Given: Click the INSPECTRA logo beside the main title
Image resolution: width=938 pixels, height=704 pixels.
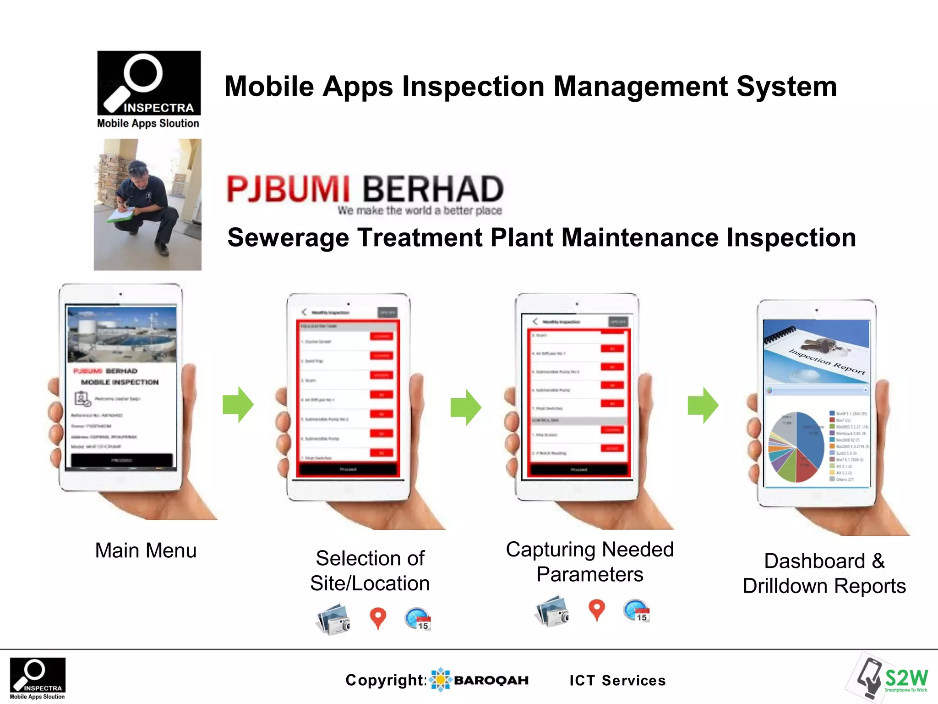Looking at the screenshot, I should tap(149, 83).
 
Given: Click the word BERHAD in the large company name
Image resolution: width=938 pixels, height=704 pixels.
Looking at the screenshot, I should tap(433, 189).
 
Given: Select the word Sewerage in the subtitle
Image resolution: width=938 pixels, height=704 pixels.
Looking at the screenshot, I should tap(288, 238).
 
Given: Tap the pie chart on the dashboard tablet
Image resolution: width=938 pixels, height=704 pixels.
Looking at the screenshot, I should tap(796, 447).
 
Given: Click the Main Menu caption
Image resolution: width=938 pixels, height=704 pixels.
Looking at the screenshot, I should tap(146, 550).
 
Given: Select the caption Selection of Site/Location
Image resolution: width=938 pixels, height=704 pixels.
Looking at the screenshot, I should tap(370, 571).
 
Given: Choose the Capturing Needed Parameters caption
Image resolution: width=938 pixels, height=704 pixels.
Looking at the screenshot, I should tap(589, 562).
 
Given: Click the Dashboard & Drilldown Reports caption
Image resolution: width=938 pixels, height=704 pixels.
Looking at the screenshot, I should tap(824, 573).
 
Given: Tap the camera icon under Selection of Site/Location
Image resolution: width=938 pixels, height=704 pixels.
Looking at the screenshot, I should tap(334, 619).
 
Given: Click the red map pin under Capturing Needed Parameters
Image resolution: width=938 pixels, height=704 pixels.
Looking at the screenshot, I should tap(596, 610).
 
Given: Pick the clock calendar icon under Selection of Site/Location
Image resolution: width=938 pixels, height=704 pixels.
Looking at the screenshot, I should tap(418, 619).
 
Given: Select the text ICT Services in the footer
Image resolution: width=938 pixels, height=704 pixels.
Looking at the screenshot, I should tap(617, 681).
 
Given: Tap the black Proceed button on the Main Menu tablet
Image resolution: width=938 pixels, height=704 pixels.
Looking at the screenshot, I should tap(122, 460).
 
